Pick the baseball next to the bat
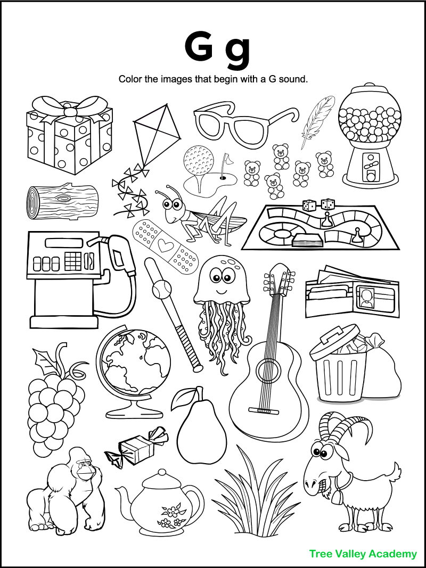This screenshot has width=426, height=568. [x=159, y=290]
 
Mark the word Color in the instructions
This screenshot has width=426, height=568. [x=130, y=80]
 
